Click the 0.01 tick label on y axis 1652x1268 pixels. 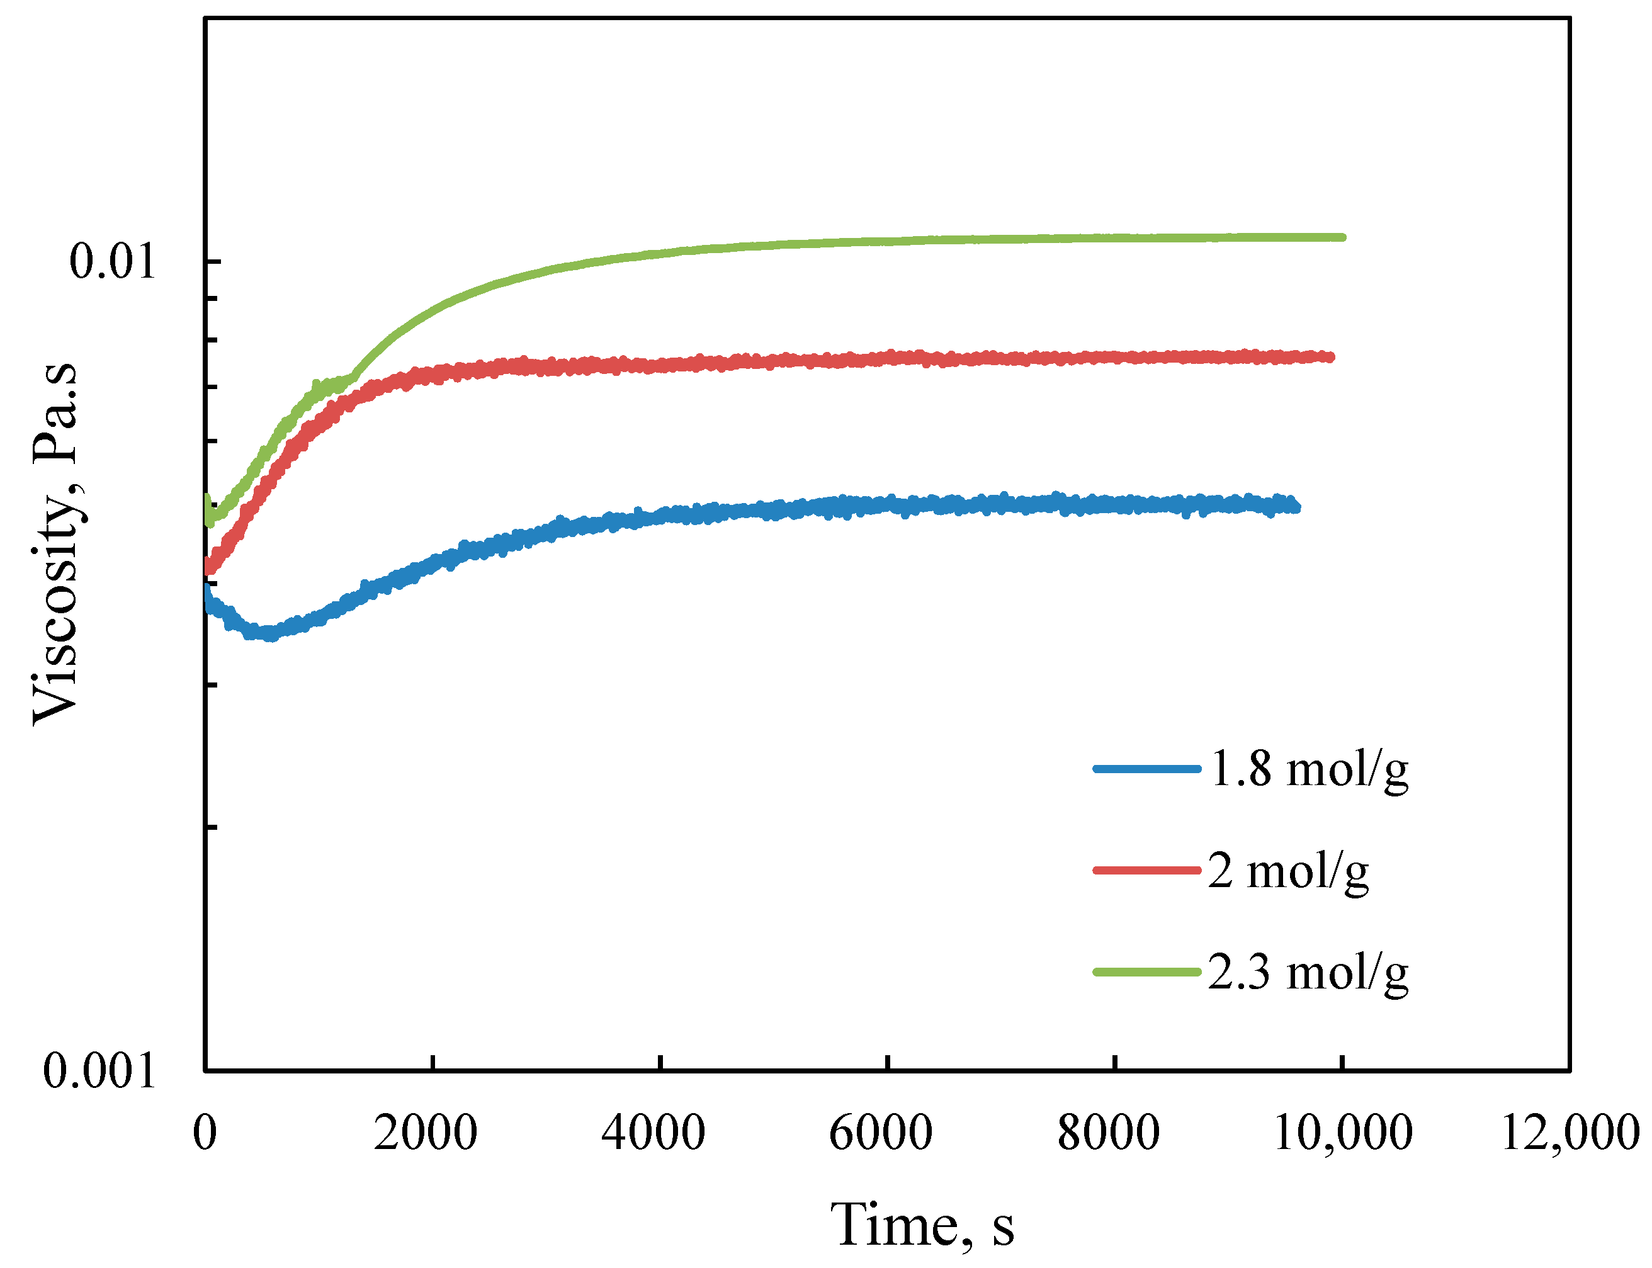pyautogui.click(x=111, y=262)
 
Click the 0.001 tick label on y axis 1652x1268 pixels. pyautogui.click(x=99, y=1070)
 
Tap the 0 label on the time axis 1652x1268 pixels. pyautogui.click(x=205, y=1132)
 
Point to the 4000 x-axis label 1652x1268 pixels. pyautogui.click(x=653, y=1132)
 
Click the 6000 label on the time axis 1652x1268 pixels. pyautogui.click(x=881, y=1132)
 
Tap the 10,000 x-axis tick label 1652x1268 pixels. pyautogui.click(x=1343, y=1132)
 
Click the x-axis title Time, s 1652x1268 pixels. pyautogui.click(x=922, y=1225)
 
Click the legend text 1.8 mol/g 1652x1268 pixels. pyautogui.click(x=1308, y=769)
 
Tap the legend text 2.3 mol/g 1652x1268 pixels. pyautogui.click(x=1308, y=971)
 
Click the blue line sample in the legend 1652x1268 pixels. pyautogui.click(x=1146, y=768)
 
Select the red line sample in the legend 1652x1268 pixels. pyautogui.click(x=1146, y=870)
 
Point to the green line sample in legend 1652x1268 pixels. pyautogui.click(x=1146, y=971)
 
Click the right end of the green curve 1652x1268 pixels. pyautogui.click(x=1342, y=237)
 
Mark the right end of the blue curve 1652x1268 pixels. pyautogui.click(x=1296, y=506)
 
